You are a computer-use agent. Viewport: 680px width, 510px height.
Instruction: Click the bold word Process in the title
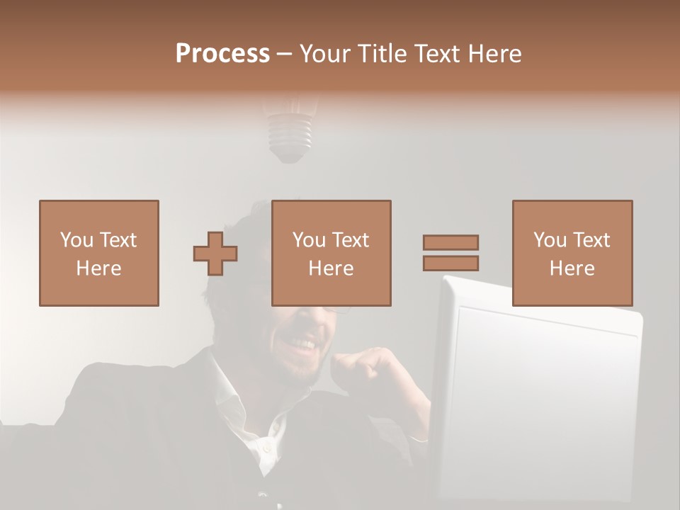pyautogui.click(x=222, y=53)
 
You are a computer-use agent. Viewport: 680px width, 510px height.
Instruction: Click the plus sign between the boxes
pyautogui.click(x=215, y=254)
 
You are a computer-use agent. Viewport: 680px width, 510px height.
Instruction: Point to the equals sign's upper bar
pyautogui.click(x=450, y=242)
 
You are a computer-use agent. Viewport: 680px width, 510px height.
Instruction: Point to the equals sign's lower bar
pyautogui.click(x=450, y=263)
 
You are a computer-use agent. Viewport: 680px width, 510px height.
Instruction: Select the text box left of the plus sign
pyautogui.click(x=99, y=253)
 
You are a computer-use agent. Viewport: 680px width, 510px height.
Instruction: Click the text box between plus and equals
pyautogui.click(x=331, y=253)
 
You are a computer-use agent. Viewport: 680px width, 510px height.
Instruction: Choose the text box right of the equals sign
pyautogui.click(x=572, y=253)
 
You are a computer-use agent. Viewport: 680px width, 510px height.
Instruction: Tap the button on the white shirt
pyautogui.click(x=266, y=448)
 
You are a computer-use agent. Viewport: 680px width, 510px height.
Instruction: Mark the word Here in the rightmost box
pyautogui.click(x=572, y=268)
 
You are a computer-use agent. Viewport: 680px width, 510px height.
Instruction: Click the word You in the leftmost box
pyautogui.click(x=76, y=240)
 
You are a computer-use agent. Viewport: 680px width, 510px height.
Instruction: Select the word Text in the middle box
pyautogui.click(x=351, y=240)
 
